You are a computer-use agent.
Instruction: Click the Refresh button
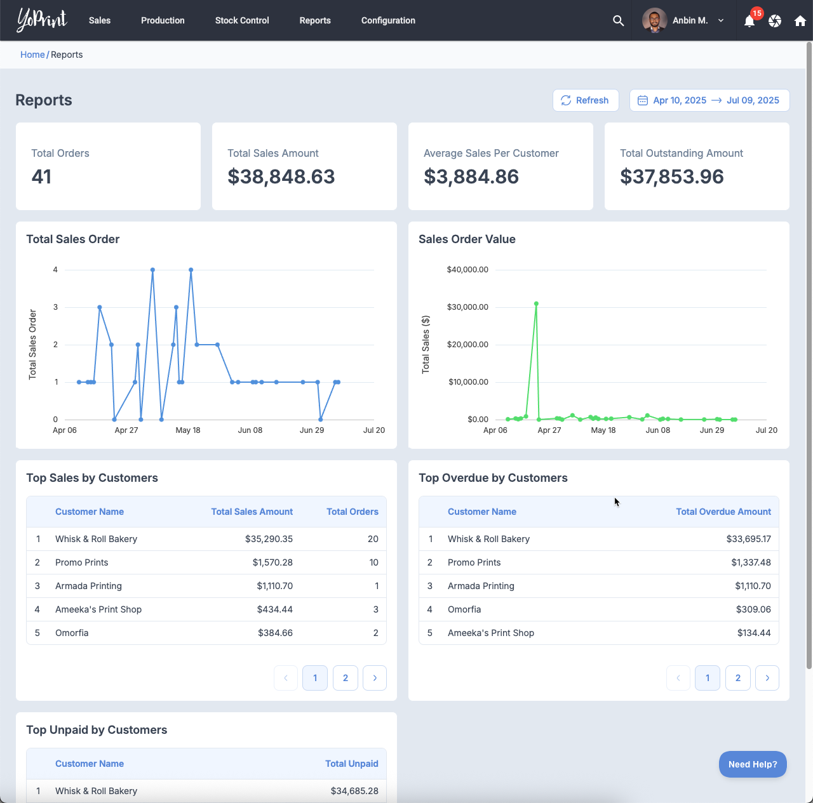pyautogui.click(x=585, y=100)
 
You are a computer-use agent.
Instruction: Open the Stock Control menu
pyautogui.click(x=242, y=20)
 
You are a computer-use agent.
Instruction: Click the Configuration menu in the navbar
pyautogui.click(x=388, y=20)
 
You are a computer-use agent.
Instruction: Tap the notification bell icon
pyautogui.click(x=749, y=21)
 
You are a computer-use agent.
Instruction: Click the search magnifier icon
pyautogui.click(x=618, y=21)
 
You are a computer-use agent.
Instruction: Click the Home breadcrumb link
pyautogui.click(x=32, y=55)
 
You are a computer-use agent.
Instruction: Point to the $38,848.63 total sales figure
pyautogui.click(x=281, y=176)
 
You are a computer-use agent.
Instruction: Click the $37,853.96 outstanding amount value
pyautogui.click(x=671, y=176)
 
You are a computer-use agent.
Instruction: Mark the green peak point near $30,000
pyautogui.click(x=536, y=304)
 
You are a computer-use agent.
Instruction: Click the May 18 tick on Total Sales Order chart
pyautogui.click(x=188, y=430)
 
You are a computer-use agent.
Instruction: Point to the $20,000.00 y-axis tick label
pyautogui.click(x=467, y=345)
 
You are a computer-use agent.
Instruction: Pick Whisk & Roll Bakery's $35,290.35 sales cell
pyautogui.click(x=269, y=539)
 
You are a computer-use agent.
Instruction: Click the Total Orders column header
pyautogui.click(x=352, y=512)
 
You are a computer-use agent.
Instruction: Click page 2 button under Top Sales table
pyautogui.click(x=346, y=678)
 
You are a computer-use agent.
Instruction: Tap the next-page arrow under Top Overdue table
pyautogui.click(x=767, y=678)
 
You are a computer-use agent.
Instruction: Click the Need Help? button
pyautogui.click(x=753, y=764)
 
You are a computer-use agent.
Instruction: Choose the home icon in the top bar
pyautogui.click(x=800, y=21)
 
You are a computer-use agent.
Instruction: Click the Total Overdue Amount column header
pyautogui.click(x=723, y=512)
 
